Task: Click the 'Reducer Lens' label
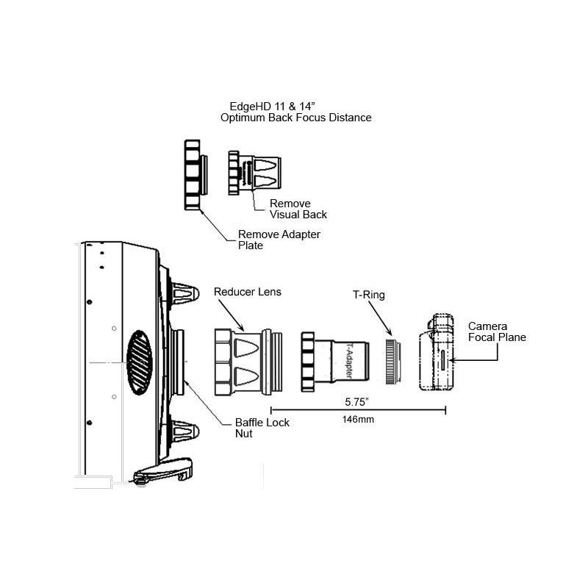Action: coord(247,292)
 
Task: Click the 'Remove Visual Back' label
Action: coord(298,209)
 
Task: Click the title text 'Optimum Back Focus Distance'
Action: coord(295,118)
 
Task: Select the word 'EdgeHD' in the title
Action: coord(248,106)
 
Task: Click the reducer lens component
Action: coord(246,361)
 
